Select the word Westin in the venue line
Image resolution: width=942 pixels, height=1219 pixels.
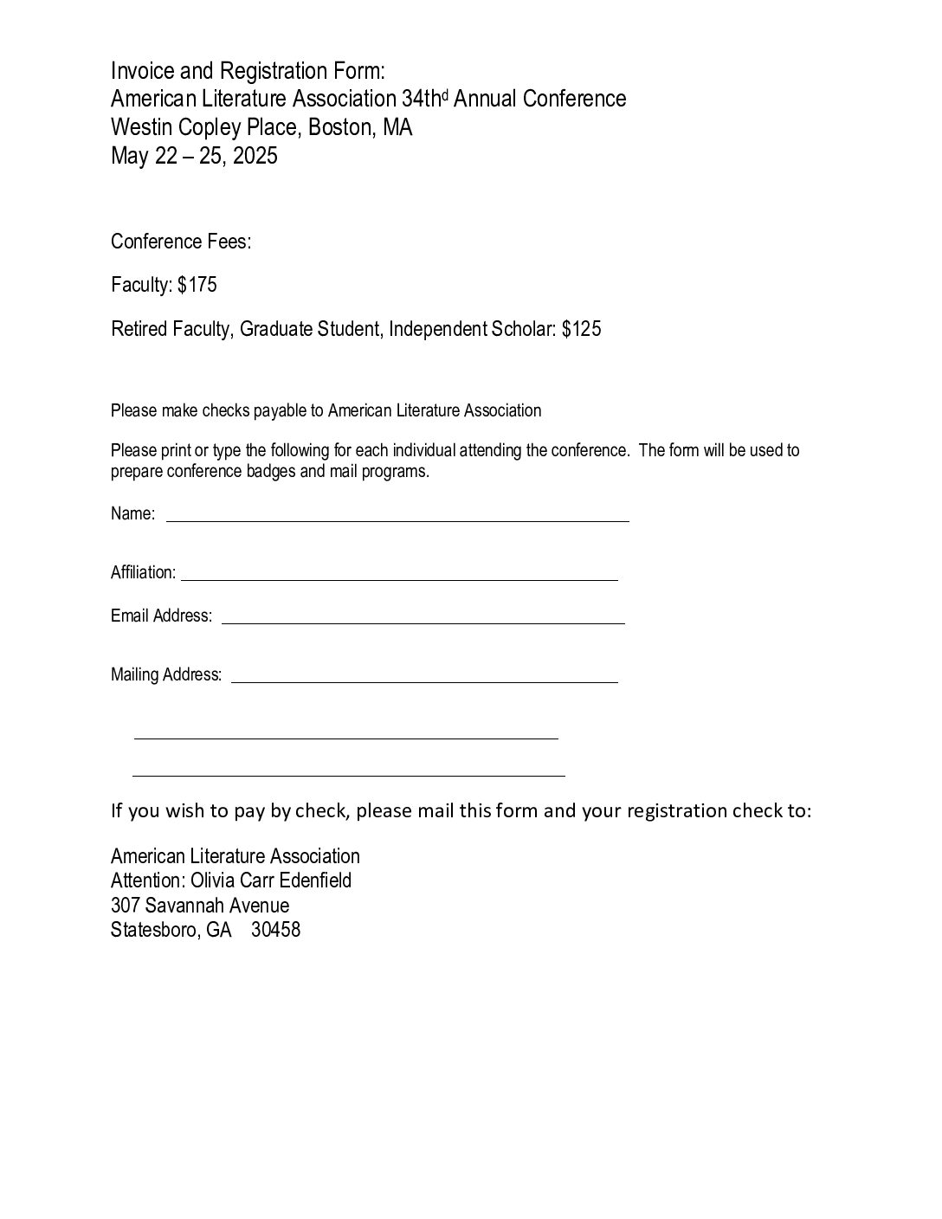(x=141, y=127)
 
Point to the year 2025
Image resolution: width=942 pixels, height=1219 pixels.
(x=255, y=156)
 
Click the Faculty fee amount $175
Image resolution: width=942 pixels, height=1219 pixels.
(x=197, y=285)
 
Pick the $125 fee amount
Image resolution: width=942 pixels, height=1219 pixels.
(x=581, y=329)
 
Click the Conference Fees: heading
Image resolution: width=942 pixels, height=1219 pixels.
(x=181, y=242)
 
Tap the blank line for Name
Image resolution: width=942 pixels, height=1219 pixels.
(x=397, y=520)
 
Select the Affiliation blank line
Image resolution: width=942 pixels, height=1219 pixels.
(x=399, y=578)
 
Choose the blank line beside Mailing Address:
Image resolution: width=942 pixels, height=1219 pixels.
(x=424, y=681)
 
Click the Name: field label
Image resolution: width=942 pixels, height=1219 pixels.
(x=133, y=513)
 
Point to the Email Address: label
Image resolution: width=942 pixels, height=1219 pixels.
(x=162, y=616)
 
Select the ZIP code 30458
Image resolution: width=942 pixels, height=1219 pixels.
(x=276, y=931)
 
